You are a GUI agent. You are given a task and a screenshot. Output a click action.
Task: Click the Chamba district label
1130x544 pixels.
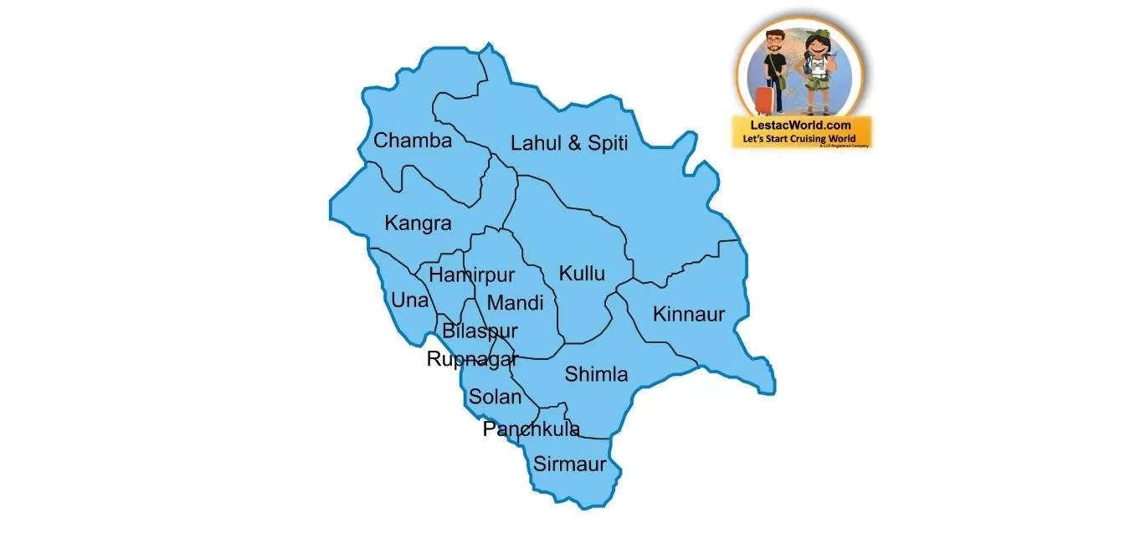coord(412,141)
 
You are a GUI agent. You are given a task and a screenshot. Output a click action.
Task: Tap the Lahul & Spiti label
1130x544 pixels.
coord(569,143)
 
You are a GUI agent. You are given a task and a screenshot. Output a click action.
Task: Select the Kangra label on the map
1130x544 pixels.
coord(418,223)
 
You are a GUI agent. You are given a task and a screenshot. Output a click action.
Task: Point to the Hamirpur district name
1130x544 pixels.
coord(471,275)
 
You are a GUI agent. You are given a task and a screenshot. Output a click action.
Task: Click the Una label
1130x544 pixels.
coord(409,300)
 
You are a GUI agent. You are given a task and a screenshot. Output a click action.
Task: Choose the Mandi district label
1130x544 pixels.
coord(515,303)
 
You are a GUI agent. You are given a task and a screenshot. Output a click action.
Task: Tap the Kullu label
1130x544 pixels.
coord(582,274)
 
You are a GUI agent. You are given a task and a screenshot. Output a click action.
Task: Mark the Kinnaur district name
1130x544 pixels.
coord(688,315)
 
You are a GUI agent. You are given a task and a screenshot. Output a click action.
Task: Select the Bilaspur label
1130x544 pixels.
coord(480,331)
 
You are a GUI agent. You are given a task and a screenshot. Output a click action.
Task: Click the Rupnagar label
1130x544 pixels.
coord(472,360)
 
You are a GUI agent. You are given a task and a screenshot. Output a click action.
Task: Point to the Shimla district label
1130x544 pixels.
coord(596,374)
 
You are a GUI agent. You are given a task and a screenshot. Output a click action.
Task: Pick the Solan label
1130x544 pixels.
coord(495,397)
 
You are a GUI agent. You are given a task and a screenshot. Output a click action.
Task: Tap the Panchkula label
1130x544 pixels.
coord(531,429)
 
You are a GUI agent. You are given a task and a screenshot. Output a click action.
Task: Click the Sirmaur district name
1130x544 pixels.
coord(570,464)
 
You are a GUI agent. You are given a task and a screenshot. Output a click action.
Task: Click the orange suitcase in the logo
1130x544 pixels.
coord(764,100)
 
